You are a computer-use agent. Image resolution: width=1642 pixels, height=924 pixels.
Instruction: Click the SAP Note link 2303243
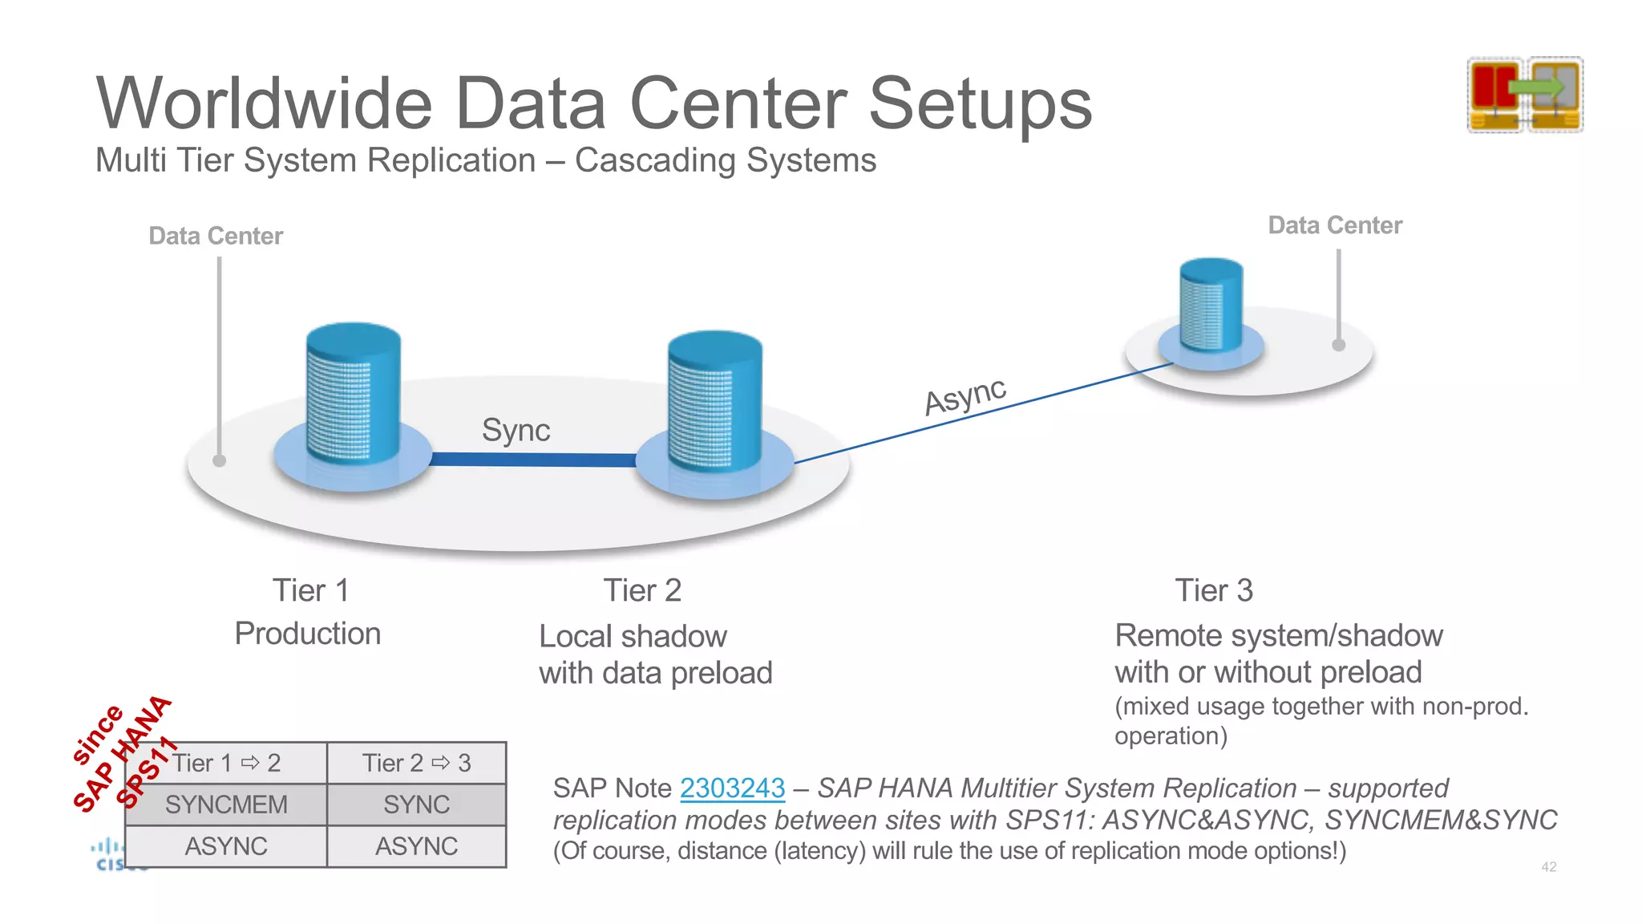[x=732, y=788]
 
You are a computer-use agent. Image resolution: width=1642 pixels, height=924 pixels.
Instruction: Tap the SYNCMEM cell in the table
[x=226, y=804]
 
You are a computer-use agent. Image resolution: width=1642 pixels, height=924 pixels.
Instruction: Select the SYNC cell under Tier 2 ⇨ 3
[x=416, y=804]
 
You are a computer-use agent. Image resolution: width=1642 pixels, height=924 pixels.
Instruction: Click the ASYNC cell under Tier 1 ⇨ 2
[x=226, y=846]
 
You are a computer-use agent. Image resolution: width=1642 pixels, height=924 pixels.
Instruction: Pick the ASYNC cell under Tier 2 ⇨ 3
[x=416, y=846]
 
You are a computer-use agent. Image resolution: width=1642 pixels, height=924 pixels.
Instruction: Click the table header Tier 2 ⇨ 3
[x=416, y=763]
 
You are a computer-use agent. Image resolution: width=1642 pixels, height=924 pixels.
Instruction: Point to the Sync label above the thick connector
[x=516, y=431]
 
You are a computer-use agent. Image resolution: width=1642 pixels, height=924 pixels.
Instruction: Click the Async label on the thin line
[x=965, y=396]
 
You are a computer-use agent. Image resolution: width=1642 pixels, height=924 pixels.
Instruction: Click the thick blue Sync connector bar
[x=533, y=460]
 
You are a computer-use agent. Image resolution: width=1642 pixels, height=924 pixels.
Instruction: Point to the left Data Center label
[x=216, y=236]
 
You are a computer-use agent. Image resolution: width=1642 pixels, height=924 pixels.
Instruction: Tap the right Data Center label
[x=1335, y=225]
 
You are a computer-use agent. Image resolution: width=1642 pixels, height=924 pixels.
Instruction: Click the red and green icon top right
[x=1525, y=95]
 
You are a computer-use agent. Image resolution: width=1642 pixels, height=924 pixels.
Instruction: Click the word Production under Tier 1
[x=308, y=634]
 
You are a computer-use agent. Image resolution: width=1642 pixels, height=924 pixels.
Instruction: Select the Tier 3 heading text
[x=1214, y=591]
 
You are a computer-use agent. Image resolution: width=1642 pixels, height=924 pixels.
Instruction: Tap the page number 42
[x=1548, y=867]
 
